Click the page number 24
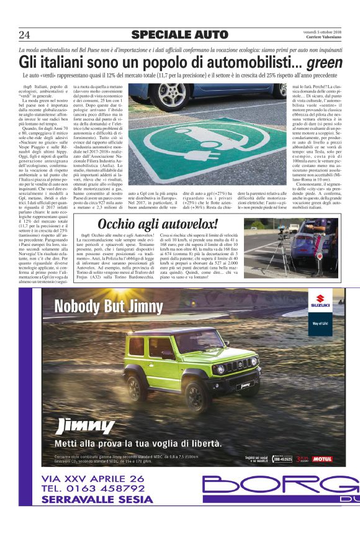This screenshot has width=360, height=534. pos(25,34)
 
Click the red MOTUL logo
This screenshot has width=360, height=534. pos(322,459)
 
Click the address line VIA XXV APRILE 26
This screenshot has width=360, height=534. pos(93,478)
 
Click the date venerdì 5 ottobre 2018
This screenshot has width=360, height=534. pos(323,31)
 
